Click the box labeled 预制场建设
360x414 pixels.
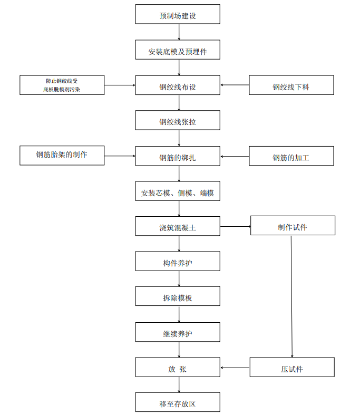click(x=178, y=15)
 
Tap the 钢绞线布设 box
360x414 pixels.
click(x=178, y=85)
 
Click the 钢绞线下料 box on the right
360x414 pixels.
click(x=291, y=85)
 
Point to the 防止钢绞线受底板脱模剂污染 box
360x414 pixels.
click(x=62, y=85)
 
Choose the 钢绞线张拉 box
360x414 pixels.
click(x=178, y=121)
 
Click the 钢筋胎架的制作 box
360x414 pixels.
click(x=62, y=156)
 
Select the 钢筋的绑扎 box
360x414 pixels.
click(x=178, y=156)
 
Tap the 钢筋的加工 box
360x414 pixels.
click(x=291, y=156)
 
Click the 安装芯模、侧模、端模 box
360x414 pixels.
click(x=178, y=191)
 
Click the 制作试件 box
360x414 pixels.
click(x=293, y=226)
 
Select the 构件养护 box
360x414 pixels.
click(x=178, y=262)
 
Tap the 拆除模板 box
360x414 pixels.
click(x=178, y=296)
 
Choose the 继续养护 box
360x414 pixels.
click(x=178, y=332)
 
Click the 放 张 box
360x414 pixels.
click(x=178, y=368)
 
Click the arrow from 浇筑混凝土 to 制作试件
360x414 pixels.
click(x=235, y=226)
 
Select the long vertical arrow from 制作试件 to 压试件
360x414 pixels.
click(x=291, y=295)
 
